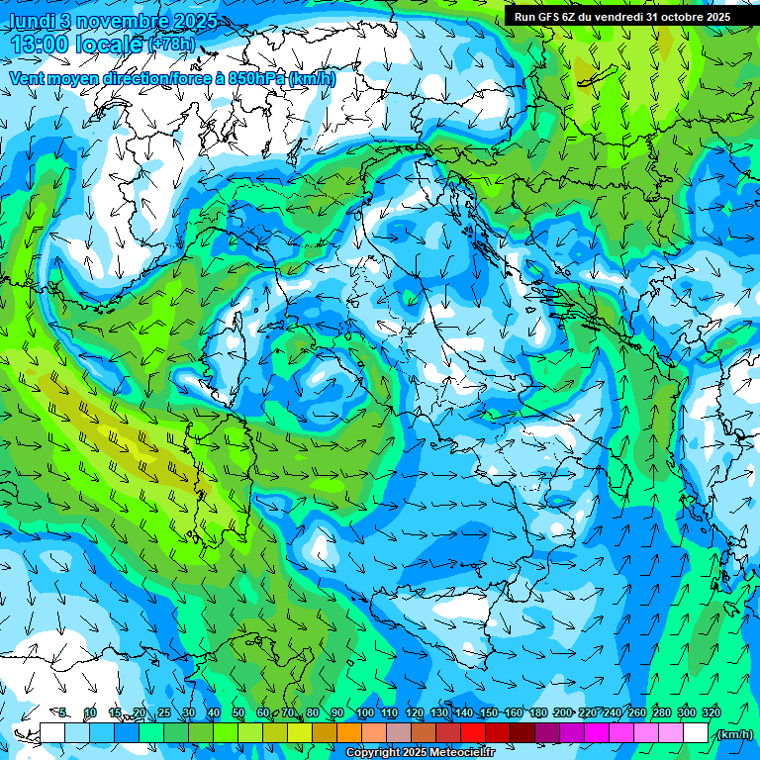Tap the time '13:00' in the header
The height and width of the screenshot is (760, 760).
coord(41,45)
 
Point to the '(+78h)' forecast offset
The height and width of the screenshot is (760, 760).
coord(171,45)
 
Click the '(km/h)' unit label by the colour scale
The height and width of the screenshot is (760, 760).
coord(733,734)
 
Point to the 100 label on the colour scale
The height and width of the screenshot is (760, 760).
coord(364,713)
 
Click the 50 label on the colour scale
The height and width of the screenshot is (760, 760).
coord(238,713)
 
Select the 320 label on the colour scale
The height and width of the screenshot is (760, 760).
coord(710,713)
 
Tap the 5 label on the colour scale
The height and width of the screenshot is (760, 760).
coord(63,713)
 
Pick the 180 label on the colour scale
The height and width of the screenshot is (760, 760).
coord(537,713)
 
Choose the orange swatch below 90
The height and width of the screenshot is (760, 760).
coord(348,733)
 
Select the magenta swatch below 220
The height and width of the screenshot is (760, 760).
coord(596,733)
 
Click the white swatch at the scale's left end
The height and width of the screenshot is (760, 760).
coord(52,733)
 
